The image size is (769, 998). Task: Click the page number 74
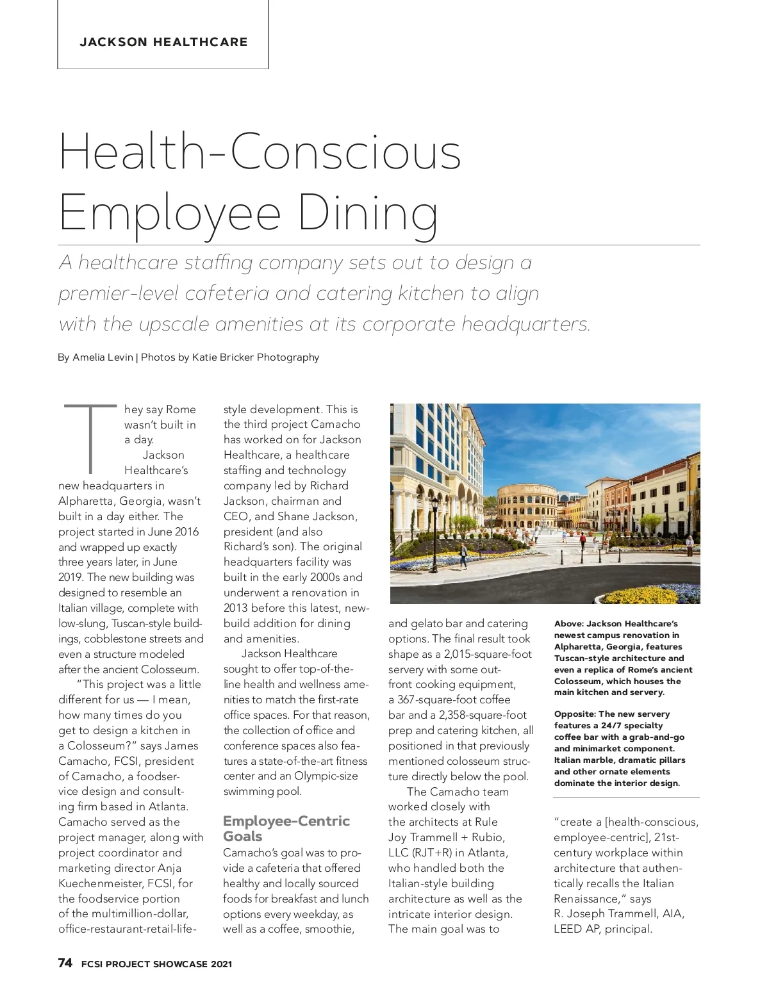65,963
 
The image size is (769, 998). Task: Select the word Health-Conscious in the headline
260,152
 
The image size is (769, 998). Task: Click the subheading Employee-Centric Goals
286,828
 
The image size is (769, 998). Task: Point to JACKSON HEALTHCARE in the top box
163,42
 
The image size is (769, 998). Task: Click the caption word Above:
568,623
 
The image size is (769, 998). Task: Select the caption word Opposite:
575,714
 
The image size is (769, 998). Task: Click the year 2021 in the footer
220,964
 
